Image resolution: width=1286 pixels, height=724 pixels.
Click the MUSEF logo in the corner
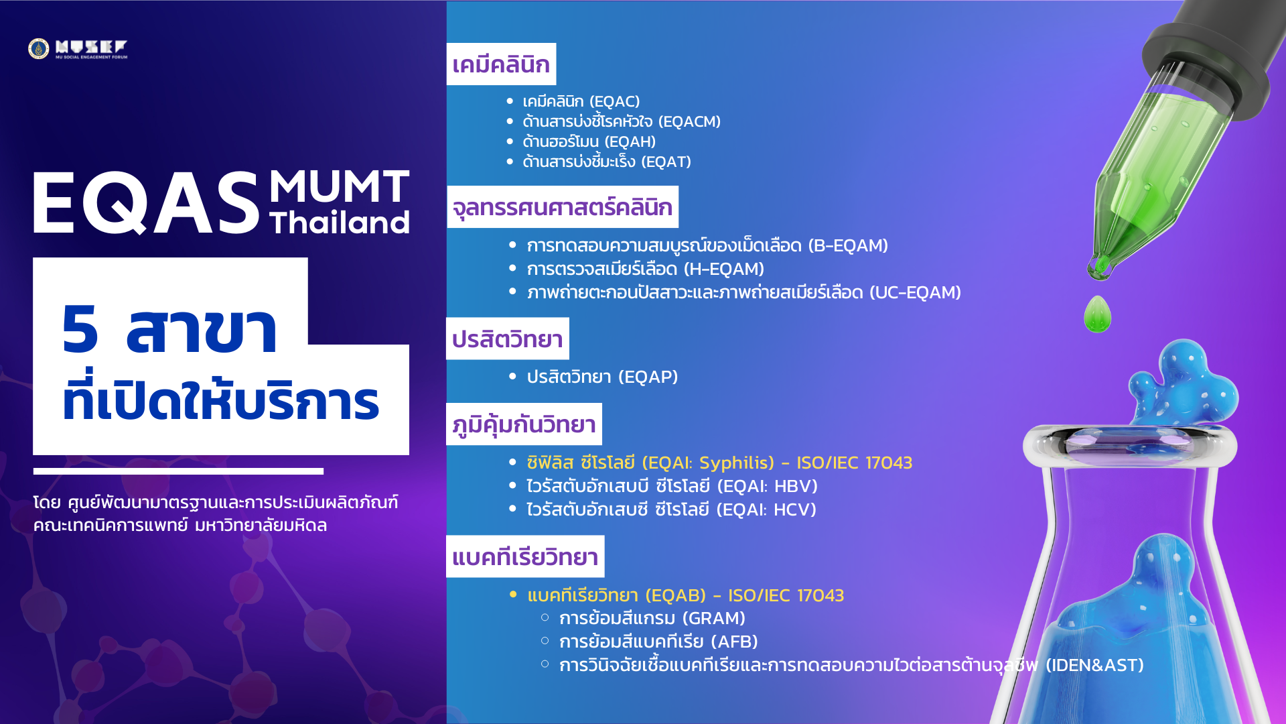[x=78, y=48]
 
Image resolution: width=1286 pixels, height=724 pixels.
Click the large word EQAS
[x=146, y=202]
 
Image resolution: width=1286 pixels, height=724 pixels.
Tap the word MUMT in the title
[x=340, y=186]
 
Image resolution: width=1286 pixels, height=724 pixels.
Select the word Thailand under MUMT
[x=340, y=223]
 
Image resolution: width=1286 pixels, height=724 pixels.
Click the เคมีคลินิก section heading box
[x=501, y=64]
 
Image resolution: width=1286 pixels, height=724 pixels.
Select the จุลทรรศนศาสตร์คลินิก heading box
[x=563, y=207]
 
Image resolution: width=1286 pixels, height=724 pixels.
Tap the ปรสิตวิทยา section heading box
[x=508, y=339]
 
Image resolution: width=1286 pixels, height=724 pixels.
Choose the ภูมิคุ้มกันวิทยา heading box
[x=524, y=424]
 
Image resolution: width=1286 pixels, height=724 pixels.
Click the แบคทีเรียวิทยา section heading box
[x=525, y=556]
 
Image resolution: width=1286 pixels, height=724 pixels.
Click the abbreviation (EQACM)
[x=689, y=121]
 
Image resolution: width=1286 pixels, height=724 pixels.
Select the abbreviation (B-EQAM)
[x=848, y=245]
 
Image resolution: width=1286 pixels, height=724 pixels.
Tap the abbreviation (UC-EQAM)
[x=915, y=292]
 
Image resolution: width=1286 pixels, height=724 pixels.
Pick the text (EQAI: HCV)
[x=766, y=509]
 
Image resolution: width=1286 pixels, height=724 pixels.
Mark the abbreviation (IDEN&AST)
[x=1094, y=665]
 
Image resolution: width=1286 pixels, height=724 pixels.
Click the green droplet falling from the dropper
[x=1097, y=314]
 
